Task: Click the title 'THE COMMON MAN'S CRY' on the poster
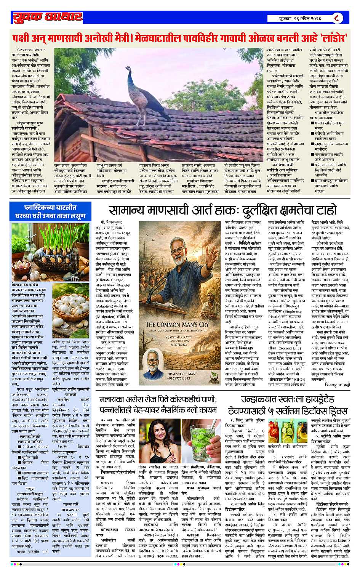pos(178,324)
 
